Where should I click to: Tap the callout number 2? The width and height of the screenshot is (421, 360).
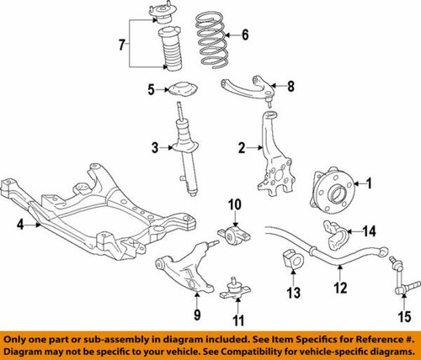pos(241,148)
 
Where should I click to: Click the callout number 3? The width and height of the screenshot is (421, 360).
pos(154,149)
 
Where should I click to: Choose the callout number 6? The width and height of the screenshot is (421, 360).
pos(245,35)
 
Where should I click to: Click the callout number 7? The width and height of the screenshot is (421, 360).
pos(123,43)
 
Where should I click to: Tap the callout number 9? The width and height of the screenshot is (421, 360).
pos(196,315)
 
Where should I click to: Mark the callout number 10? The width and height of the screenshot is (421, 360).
pos(234,203)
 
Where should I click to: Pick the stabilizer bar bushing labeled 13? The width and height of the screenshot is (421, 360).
pos(292,260)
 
